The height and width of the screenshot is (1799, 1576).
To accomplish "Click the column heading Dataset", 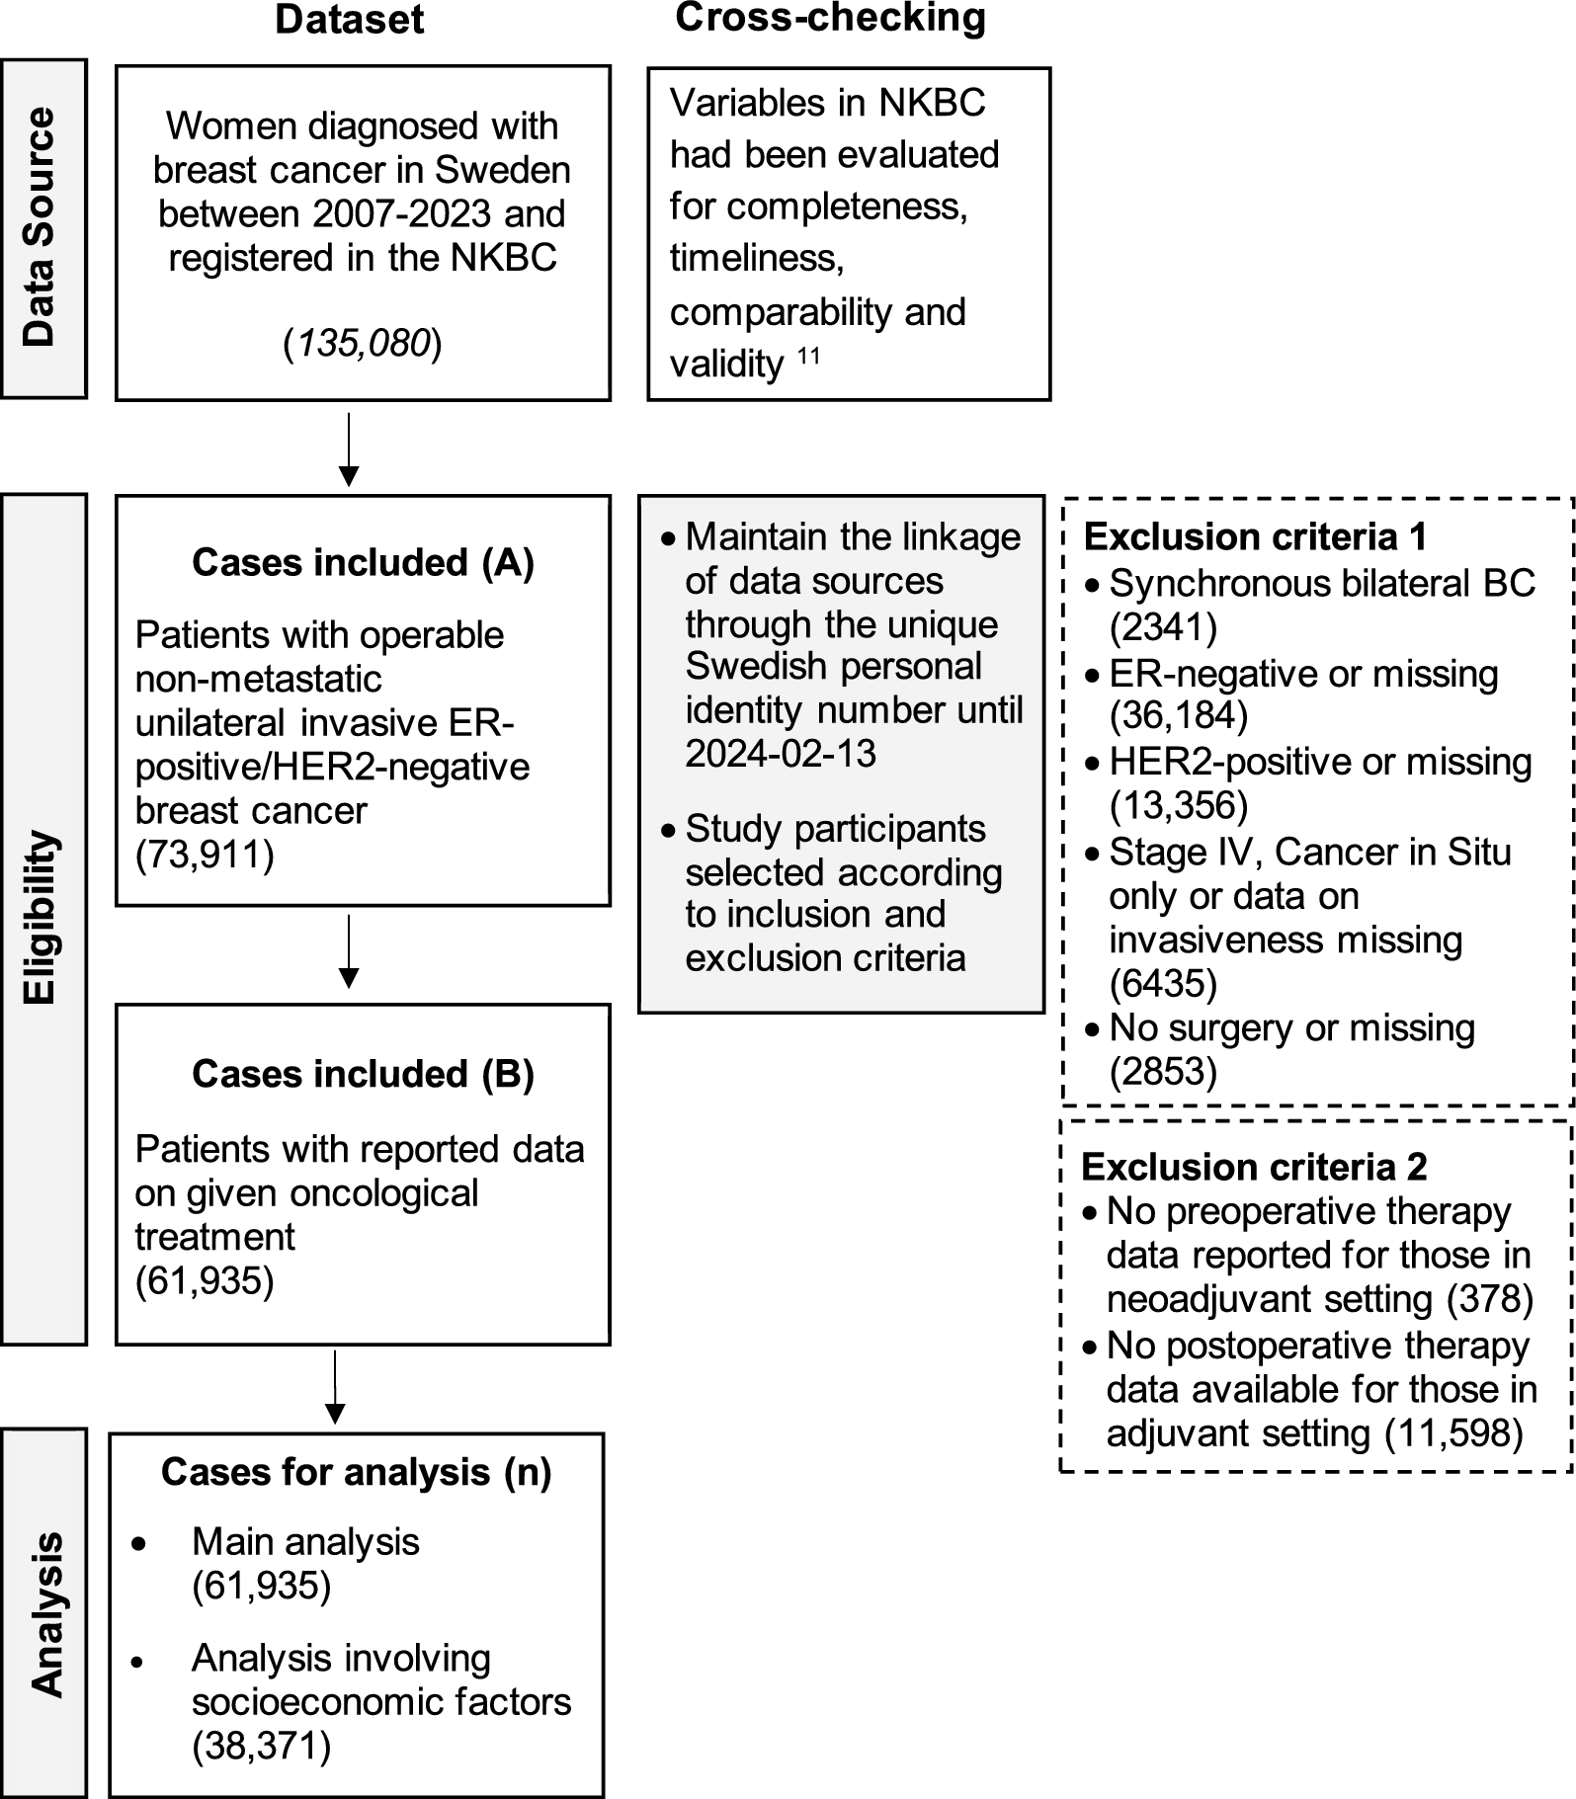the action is pyautogui.click(x=350, y=20).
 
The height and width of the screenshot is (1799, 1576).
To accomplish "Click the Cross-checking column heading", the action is pyautogui.click(x=830, y=19).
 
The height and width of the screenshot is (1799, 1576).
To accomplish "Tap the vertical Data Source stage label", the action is pyautogui.click(x=41, y=227).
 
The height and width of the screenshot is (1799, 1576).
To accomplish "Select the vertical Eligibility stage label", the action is pyautogui.click(x=41, y=918).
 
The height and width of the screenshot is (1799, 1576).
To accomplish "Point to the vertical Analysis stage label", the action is pyautogui.click(x=45, y=1614).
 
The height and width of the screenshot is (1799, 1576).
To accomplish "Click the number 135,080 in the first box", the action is pyautogui.click(x=363, y=343).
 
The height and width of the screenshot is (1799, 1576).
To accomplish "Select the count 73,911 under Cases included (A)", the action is pyautogui.click(x=205, y=855).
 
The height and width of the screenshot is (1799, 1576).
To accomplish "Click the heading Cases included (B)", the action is pyautogui.click(x=363, y=1074).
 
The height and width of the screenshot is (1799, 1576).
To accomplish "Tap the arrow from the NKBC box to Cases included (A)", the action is pyautogui.click(x=349, y=450).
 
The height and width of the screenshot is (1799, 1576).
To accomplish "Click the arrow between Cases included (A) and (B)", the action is pyautogui.click(x=349, y=951).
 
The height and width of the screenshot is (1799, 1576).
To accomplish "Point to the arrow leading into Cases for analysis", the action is pyautogui.click(x=336, y=1388).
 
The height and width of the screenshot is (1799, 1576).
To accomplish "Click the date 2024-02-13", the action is pyautogui.click(x=781, y=754).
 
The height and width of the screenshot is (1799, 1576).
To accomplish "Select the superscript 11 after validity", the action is pyautogui.click(x=808, y=355).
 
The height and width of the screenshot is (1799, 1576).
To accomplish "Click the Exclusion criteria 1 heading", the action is pyautogui.click(x=1255, y=536).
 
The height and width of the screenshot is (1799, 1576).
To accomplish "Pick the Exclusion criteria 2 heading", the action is pyautogui.click(x=1254, y=1167).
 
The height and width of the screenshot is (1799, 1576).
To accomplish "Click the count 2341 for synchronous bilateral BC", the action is pyautogui.click(x=1163, y=627).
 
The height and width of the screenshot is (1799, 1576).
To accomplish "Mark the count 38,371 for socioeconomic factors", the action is pyautogui.click(x=262, y=1746).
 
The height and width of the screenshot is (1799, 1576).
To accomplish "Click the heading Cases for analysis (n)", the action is pyautogui.click(x=356, y=1472).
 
